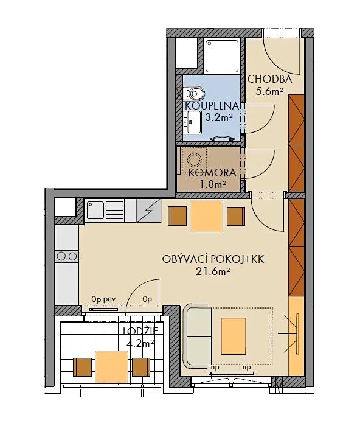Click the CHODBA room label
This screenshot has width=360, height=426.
click(269, 79)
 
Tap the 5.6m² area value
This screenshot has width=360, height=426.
click(269, 91)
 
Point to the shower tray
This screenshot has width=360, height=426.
click(222, 56)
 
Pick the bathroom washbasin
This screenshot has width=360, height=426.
click(193, 122)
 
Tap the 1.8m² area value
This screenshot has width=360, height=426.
click(213, 184)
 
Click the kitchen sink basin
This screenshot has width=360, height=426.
click(95, 210)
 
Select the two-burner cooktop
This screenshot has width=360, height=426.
click(67, 256)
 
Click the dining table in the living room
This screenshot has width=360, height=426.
click(206, 215)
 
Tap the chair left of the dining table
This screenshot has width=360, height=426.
click(178, 216)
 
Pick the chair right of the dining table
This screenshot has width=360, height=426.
click(236, 216)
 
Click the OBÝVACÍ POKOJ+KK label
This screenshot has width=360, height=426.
click(213, 259)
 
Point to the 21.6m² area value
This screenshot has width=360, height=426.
click(213, 271)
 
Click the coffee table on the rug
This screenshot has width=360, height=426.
click(234, 336)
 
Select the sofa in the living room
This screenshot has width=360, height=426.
click(197, 337)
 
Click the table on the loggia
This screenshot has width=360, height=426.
click(111, 367)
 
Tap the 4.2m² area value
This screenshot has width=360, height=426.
click(140, 343)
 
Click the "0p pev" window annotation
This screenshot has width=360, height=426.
click(104, 299)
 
